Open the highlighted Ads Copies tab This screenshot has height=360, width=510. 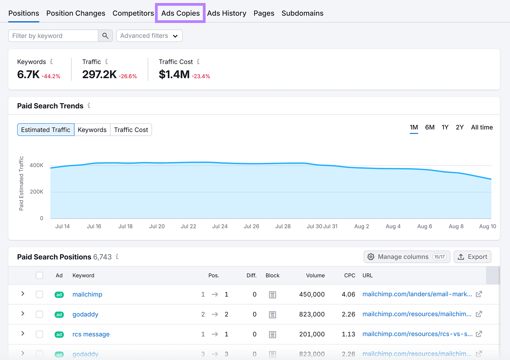[180, 13]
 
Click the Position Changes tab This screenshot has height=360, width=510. [76, 13]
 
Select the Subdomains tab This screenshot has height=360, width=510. [302, 13]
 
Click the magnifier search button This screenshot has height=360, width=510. [106, 36]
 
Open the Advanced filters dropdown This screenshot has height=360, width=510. [149, 36]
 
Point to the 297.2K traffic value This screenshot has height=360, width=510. [99, 75]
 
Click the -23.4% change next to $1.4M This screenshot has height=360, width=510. [201, 76]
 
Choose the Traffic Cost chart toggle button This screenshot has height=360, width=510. [131, 130]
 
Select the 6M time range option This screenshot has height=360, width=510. [430, 127]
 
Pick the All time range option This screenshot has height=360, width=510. [482, 127]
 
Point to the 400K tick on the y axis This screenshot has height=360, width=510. [36, 165]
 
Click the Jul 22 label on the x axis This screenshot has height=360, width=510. [188, 226]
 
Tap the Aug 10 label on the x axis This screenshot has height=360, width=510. [487, 226]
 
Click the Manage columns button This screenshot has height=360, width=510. [407, 257]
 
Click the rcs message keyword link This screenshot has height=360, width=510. [91, 334]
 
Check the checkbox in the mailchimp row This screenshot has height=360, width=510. [40, 294]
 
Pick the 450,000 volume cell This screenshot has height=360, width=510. [312, 294]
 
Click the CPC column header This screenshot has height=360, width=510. [349, 276]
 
